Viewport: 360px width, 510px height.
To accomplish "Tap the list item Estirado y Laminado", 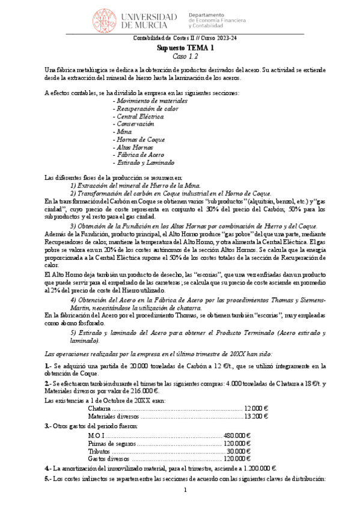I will point(146,162).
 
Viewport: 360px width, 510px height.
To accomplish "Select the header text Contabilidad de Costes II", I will point(158,39).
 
